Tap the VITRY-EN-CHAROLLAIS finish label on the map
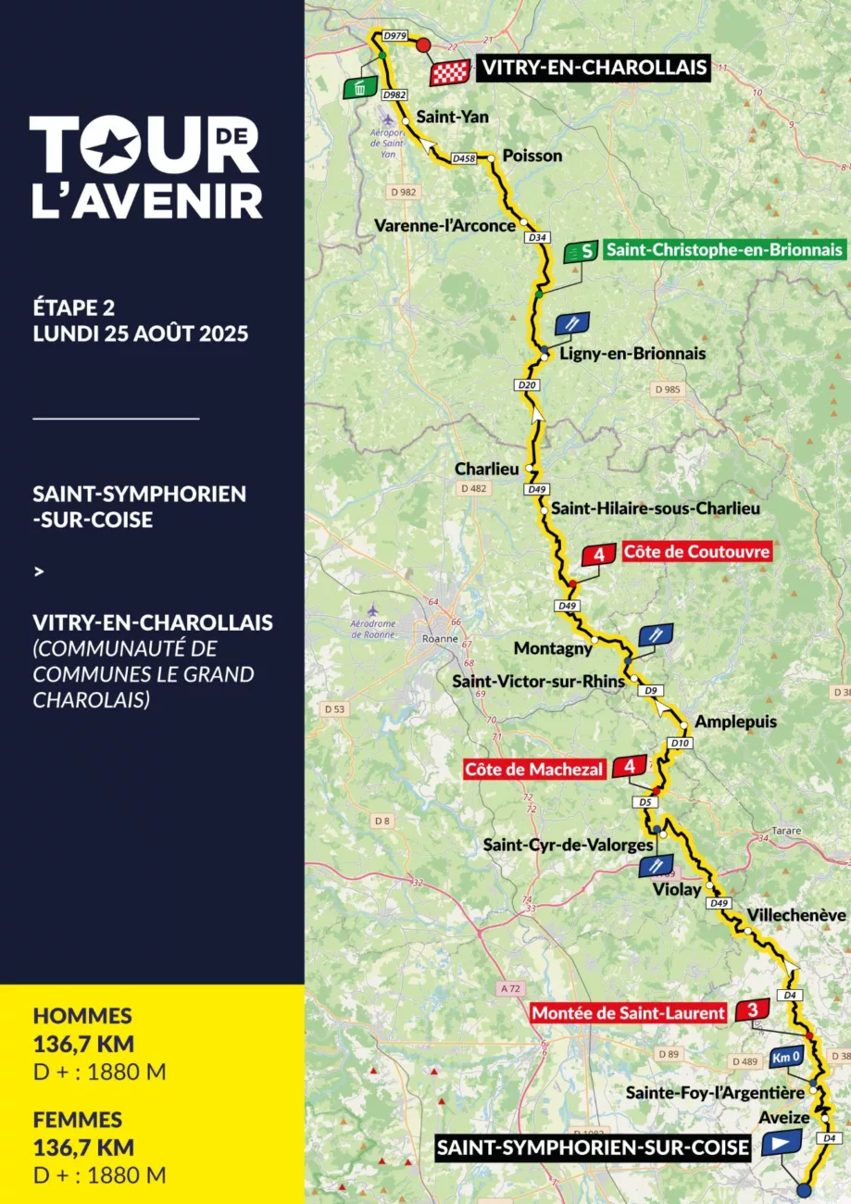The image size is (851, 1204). point(593,68)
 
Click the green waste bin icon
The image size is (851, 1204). point(360,88)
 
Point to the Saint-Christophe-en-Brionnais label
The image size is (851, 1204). point(723,250)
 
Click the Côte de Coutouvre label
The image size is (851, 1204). point(696,552)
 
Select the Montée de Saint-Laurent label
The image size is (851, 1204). point(629,1013)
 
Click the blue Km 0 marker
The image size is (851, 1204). point(785,1058)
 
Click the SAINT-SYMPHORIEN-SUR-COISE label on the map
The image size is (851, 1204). point(593,1149)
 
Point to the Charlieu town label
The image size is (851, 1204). point(486,469)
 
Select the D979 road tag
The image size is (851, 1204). point(394,35)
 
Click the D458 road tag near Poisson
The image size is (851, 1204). point(464,159)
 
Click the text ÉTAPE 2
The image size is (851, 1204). point(73,307)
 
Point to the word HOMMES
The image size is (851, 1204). point(82,1016)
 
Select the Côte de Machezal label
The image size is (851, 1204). point(534,769)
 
